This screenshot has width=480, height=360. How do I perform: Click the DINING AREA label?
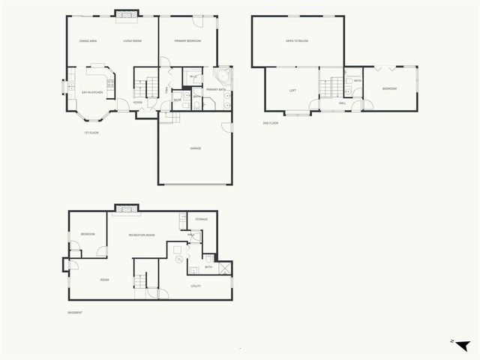[x=88, y=41]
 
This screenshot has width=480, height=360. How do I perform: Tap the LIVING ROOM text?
[x=133, y=41]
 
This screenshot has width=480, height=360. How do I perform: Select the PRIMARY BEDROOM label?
[x=187, y=41]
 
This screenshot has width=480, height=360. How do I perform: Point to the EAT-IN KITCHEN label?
[x=91, y=91]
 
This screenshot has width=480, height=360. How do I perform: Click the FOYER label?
[x=138, y=102]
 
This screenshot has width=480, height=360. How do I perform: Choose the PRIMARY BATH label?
[x=217, y=90]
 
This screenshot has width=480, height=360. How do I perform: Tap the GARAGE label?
[x=195, y=148]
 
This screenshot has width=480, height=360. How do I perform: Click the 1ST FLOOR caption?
[x=91, y=133]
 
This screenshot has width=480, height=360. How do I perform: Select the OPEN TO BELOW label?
[x=297, y=42]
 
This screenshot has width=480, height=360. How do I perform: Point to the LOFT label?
[x=293, y=90]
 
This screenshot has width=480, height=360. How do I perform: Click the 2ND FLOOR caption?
[x=270, y=122]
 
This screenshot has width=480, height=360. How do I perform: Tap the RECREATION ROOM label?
[x=142, y=235]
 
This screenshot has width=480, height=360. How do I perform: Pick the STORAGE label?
[x=201, y=219]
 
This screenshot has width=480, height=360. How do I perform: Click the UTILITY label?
[x=196, y=286]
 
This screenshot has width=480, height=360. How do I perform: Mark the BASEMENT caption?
[x=74, y=312]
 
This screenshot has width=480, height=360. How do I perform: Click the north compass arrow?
[x=461, y=344]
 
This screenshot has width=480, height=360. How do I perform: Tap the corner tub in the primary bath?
[x=223, y=77]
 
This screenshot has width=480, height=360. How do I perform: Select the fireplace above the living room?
[x=125, y=13]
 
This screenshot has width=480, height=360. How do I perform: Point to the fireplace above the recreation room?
[x=124, y=208]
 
